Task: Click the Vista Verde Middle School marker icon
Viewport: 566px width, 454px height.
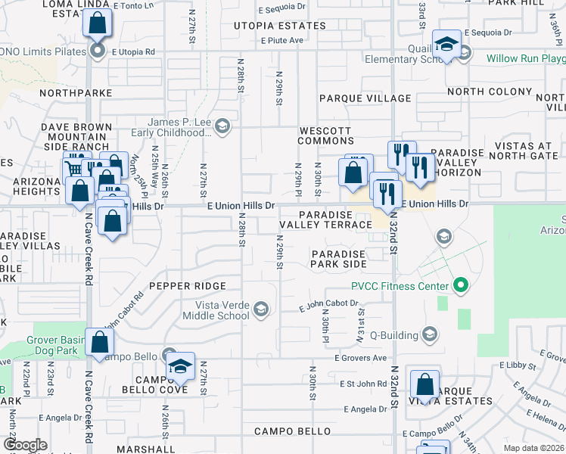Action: pyautogui.click(x=260, y=308)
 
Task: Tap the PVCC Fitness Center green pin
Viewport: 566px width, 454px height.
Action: pyautogui.click(x=459, y=286)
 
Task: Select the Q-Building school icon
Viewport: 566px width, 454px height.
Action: pyautogui.click(x=430, y=334)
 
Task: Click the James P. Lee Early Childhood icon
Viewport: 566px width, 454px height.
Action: pyautogui.click(x=222, y=126)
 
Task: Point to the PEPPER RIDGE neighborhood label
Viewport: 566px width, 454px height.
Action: pyautogui.click(x=188, y=286)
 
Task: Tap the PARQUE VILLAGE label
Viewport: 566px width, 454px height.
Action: pyautogui.click(x=365, y=98)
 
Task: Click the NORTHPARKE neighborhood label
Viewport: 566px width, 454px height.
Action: pyautogui.click(x=76, y=93)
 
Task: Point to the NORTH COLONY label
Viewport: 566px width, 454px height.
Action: pyautogui.click(x=490, y=92)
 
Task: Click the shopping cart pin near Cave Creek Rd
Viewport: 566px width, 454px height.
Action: pyautogui.click(x=75, y=167)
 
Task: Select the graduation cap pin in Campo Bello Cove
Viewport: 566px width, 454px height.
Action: pyautogui.click(x=180, y=367)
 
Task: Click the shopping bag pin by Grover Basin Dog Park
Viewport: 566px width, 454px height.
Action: pyautogui.click(x=100, y=342)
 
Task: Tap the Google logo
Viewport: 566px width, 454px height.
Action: pyautogui.click(x=25, y=445)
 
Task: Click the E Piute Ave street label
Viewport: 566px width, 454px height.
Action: pyautogui.click(x=281, y=41)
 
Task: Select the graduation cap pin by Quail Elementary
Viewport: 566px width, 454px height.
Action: pyautogui.click(x=446, y=43)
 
